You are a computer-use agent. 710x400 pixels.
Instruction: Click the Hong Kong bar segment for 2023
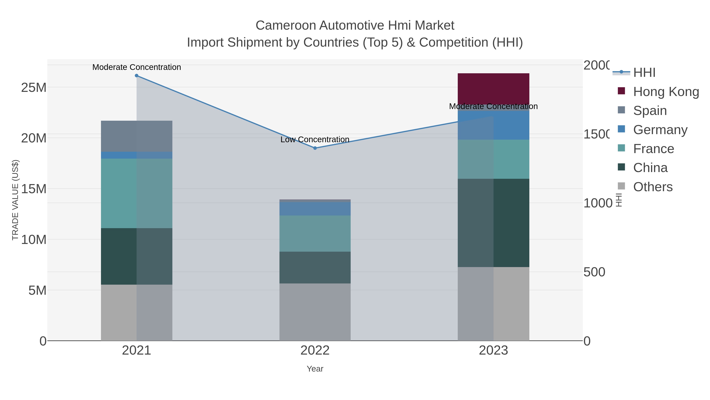click(x=493, y=89)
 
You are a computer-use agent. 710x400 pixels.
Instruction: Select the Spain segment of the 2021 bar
click(x=136, y=136)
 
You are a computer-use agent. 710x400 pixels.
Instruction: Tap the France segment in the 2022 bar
click(x=315, y=233)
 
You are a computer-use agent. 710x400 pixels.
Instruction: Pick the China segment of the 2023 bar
click(x=493, y=223)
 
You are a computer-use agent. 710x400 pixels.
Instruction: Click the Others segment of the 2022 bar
click(x=315, y=312)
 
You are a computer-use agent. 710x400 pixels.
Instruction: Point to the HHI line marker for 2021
click(x=136, y=76)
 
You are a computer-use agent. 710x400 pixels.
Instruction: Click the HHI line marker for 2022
click(x=315, y=148)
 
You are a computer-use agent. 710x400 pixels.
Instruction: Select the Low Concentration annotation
click(x=315, y=140)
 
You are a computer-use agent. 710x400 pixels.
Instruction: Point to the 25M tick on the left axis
click(x=34, y=88)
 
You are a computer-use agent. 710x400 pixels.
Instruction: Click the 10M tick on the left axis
click(x=34, y=240)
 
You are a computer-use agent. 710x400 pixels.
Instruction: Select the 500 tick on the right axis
click(x=594, y=272)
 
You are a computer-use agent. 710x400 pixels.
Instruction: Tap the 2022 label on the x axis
click(x=315, y=351)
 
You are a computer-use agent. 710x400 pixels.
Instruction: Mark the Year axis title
click(x=315, y=369)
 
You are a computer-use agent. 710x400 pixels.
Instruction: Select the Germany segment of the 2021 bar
click(x=136, y=155)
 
